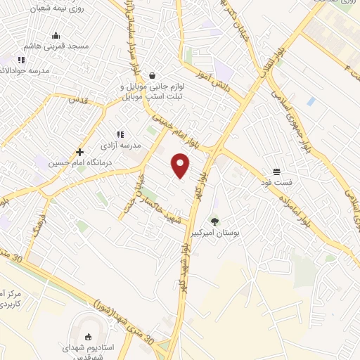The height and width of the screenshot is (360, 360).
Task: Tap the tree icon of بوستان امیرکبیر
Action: coord(215,222)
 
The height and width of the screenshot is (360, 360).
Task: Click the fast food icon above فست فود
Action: coord(278,172)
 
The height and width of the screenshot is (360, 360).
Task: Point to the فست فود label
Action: coord(278,182)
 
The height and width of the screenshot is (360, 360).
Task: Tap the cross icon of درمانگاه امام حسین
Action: coord(80,152)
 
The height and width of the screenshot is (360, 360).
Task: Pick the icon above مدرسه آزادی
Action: coord(120,134)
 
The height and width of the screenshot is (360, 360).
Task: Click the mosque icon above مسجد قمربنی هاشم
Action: coord(55,35)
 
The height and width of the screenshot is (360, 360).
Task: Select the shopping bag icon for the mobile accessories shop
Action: coord(152,75)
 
